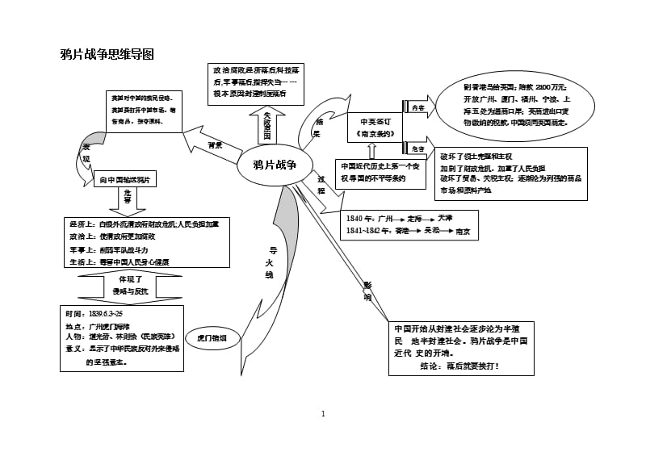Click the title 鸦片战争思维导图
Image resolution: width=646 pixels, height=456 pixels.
(107, 55)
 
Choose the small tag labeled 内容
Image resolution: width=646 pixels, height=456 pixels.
(417, 107)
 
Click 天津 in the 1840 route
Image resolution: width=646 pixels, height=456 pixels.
(446, 218)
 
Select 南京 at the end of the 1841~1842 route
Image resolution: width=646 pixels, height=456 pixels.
(463, 231)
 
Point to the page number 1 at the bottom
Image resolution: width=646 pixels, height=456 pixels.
(323, 414)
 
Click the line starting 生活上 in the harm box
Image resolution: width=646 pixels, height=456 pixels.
(118, 261)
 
